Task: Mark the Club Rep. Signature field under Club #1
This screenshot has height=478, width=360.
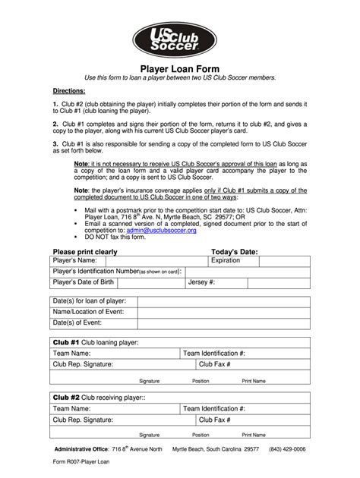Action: (x=148, y=365)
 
